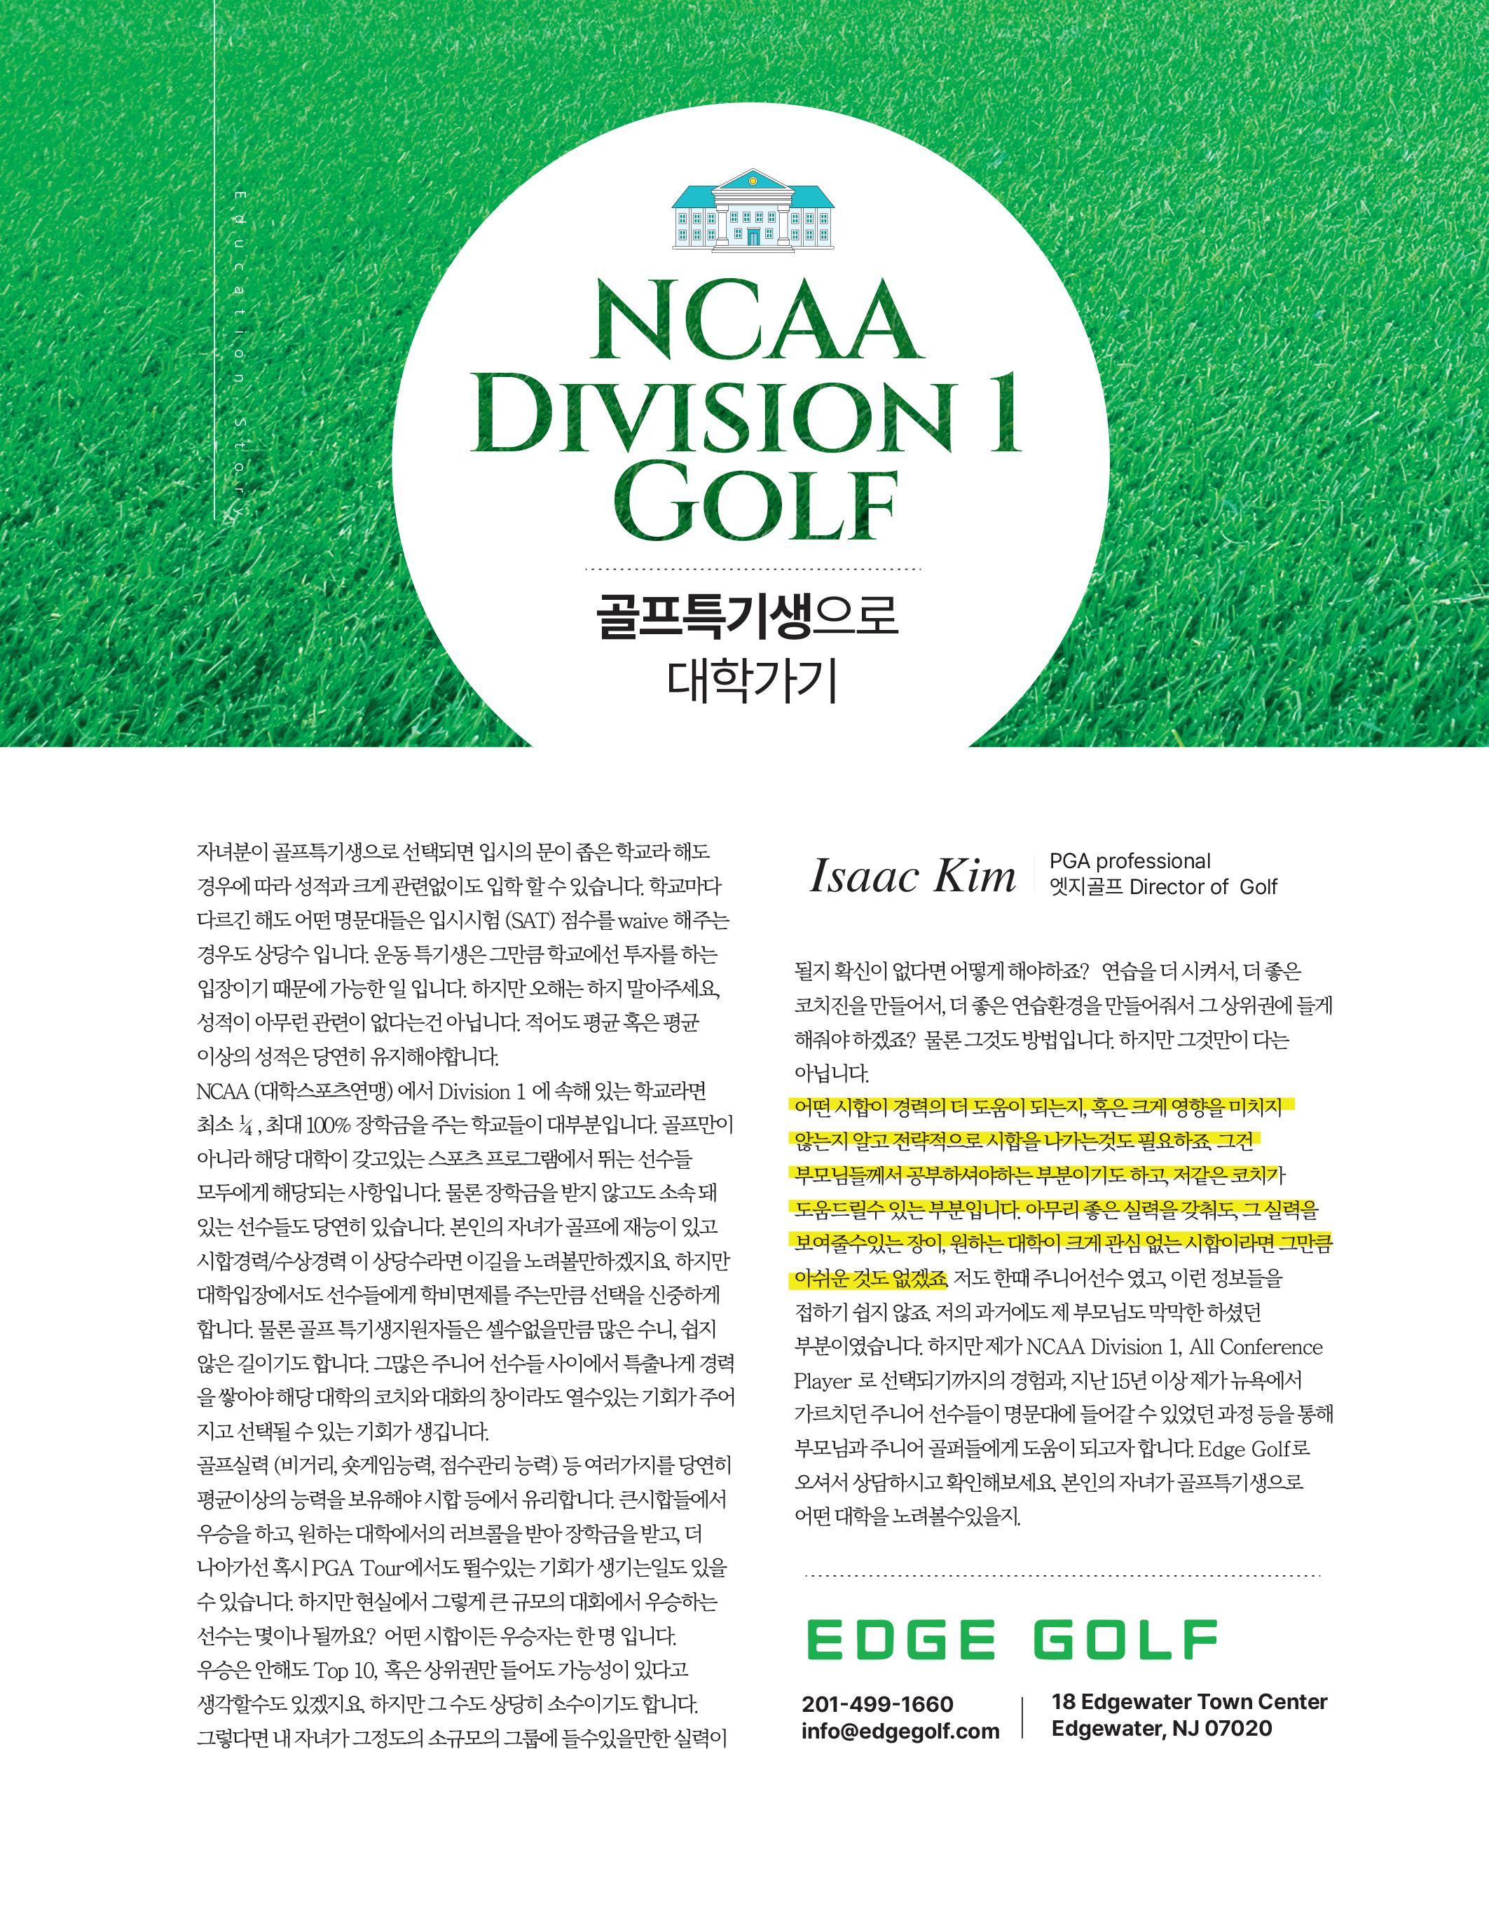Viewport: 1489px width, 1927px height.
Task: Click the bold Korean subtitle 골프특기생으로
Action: [x=746, y=617]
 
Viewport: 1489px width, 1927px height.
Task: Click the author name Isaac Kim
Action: [x=912, y=875]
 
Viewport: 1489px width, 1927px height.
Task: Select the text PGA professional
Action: [x=1129, y=861]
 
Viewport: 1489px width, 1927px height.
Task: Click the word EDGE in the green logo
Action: [x=900, y=1640]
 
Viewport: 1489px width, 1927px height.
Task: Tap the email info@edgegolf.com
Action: [x=900, y=1731]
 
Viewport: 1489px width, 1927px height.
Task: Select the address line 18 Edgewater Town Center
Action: [x=1188, y=1701]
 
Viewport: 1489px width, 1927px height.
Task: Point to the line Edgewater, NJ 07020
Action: [x=1161, y=1729]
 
